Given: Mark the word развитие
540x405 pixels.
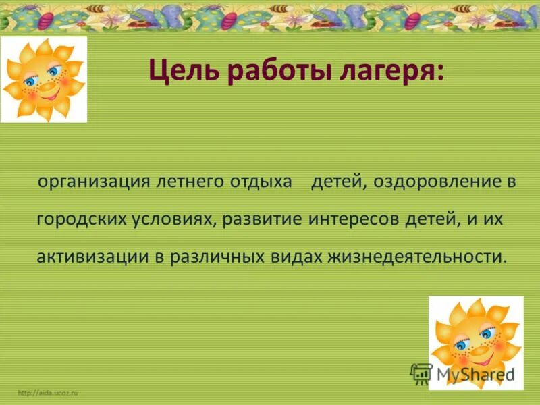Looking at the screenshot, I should tap(265, 221).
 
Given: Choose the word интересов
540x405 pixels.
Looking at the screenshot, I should tap(357, 221).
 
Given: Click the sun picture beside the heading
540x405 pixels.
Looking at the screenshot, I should tap(44, 80).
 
